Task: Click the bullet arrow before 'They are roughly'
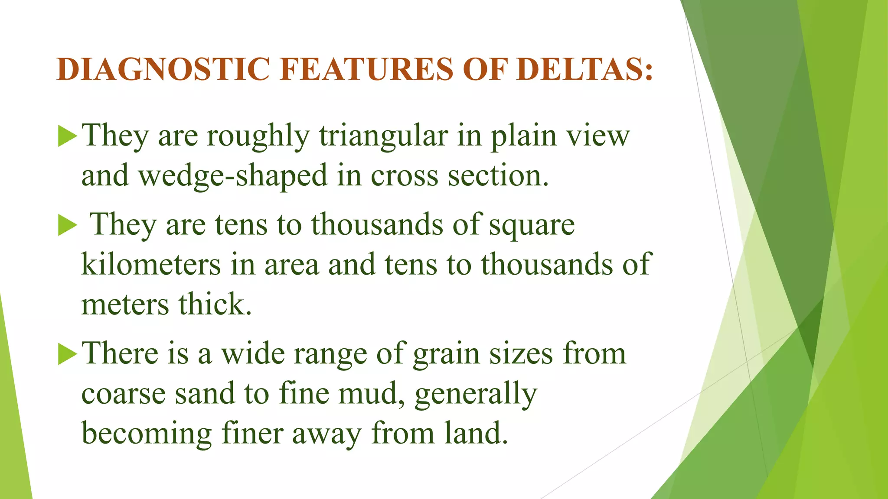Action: point(67,136)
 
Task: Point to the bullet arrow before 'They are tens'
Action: point(67,226)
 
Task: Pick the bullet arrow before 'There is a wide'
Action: point(67,354)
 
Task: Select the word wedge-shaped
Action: point(232,176)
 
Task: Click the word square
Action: point(532,226)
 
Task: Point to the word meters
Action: point(125,305)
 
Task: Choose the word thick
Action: point(215,305)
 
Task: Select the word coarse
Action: point(124,394)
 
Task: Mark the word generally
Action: point(476,394)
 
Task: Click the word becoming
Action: point(147,434)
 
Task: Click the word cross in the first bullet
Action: point(404,176)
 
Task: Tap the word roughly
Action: point(258,136)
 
